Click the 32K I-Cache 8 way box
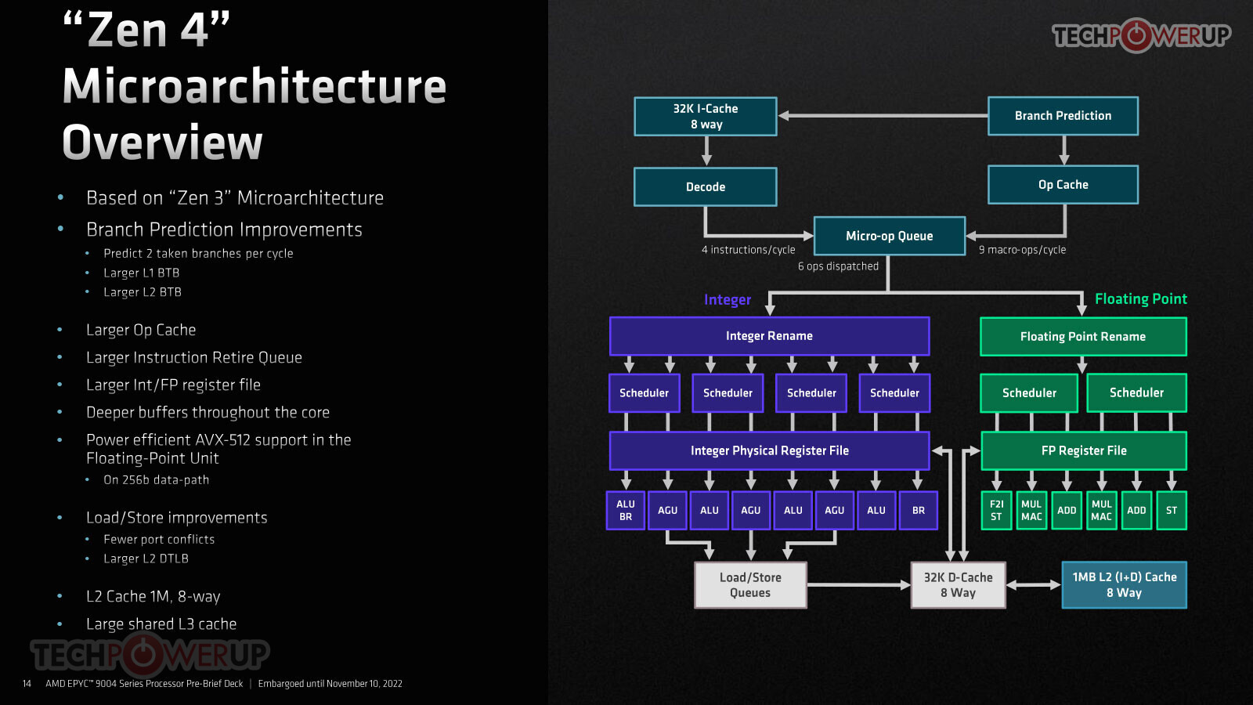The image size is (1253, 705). pyautogui.click(x=706, y=117)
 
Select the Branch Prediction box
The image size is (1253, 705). pyautogui.click(x=1063, y=116)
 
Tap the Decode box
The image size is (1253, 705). pyautogui.click(x=706, y=187)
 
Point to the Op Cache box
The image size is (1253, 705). pyautogui.click(x=1063, y=185)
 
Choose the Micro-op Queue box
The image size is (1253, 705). pyautogui.click(x=890, y=236)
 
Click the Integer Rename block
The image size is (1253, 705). pyautogui.click(x=770, y=336)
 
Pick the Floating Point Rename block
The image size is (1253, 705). pyautogui.click(x=1083, y=336)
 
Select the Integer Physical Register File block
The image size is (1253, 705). pyautogui.click(x=770, y=450)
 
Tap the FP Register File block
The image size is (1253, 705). pyautogui.click(x=1084, y=450)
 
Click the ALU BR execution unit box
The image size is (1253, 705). pyautogui.click(x=626, y=510)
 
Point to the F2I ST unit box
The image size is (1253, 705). pyautogui.click(x=996, y=510)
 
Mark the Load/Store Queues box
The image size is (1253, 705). pyautogui.click(x=750, y=584)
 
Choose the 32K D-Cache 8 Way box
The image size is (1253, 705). pyautogui.click(x=959, y=584)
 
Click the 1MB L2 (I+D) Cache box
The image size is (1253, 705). pyautogui.click(x=1125, y=584)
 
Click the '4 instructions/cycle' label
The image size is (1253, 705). pyautogui.click(x=749, y=250)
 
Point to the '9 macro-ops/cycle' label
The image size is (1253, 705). pyautogui.click(x=1022, y=250)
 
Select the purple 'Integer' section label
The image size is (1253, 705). pyautogui.click(x=728, y=300)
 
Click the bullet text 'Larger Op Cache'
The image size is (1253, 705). pyautogui.click(x=141, y=330)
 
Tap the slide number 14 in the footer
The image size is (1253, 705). pyautogui.click(x=27, y=684)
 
